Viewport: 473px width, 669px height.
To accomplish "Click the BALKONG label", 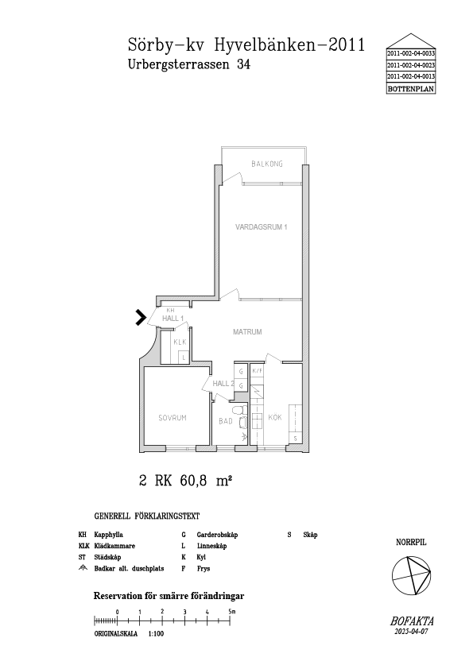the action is click(267, 164).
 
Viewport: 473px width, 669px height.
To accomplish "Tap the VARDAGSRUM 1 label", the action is click(262, 227).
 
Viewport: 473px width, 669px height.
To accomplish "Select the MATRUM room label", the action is click(247, 331).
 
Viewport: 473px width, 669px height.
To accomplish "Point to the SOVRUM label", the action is click(173, 418).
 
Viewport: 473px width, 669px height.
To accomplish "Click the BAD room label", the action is click(226, 421).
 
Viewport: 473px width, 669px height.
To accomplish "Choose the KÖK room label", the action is click(275, 417).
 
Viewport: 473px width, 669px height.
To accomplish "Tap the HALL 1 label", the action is click(173, 319).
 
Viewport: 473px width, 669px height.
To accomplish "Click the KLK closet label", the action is click(180, 342).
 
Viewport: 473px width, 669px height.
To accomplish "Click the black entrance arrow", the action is click(141, 318).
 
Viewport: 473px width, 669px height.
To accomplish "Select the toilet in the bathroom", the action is click(239, 411).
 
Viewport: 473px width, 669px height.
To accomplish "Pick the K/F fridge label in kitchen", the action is click(257, 371).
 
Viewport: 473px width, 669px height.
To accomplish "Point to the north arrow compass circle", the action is click(411, 575).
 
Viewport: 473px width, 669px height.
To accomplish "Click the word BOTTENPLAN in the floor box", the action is click(411, 89).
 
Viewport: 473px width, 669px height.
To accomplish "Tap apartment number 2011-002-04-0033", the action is click(411, 54).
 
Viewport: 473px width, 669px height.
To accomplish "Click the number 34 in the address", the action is click(243, 64).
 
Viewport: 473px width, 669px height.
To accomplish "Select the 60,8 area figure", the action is click(194, 481).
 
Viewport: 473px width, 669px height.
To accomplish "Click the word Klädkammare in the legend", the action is click(114, 546).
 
